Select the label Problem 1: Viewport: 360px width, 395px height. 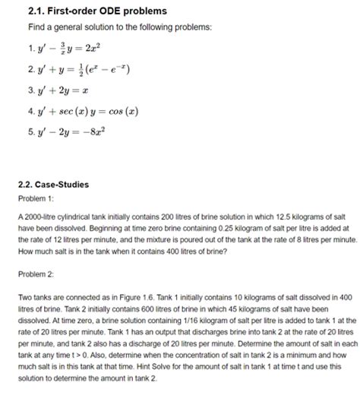coord(35,198)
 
